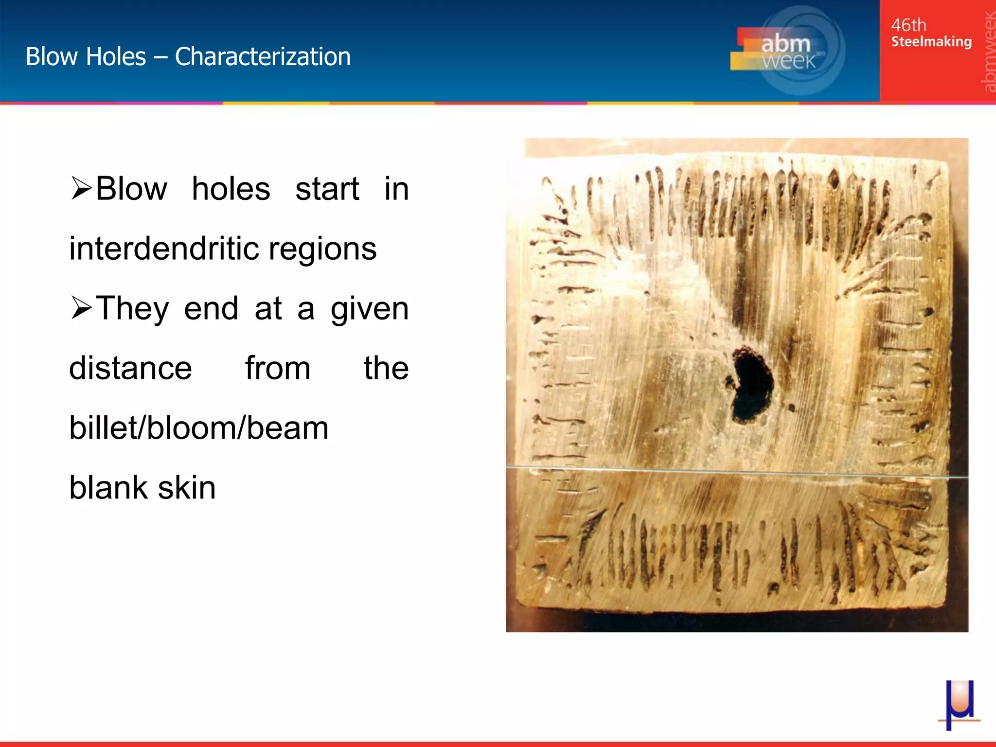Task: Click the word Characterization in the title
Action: pyautogui.click(x=263, y=57)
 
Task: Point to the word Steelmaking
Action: pyautogui.click(x=931, y=42)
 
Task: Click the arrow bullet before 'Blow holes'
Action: pyautogui.click(x=81, y=189)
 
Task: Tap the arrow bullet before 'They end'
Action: pyautogui.click(x=81, y=308)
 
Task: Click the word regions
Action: pyautogui.click(x=322, y=249)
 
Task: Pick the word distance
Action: pyautogui.click(x=130, y=368)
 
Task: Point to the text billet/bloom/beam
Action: pyautogui.click(x=199, y=428)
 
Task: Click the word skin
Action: pyautogui.click(x=187, y=488)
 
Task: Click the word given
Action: pyautogui.click(x=370, y=309)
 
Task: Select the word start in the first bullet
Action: pyautogui.click(x=327, y=189)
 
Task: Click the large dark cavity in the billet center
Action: pyautogui.click(x=751, y=384)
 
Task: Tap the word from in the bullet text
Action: pyautogui.click(x=278, y=368)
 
